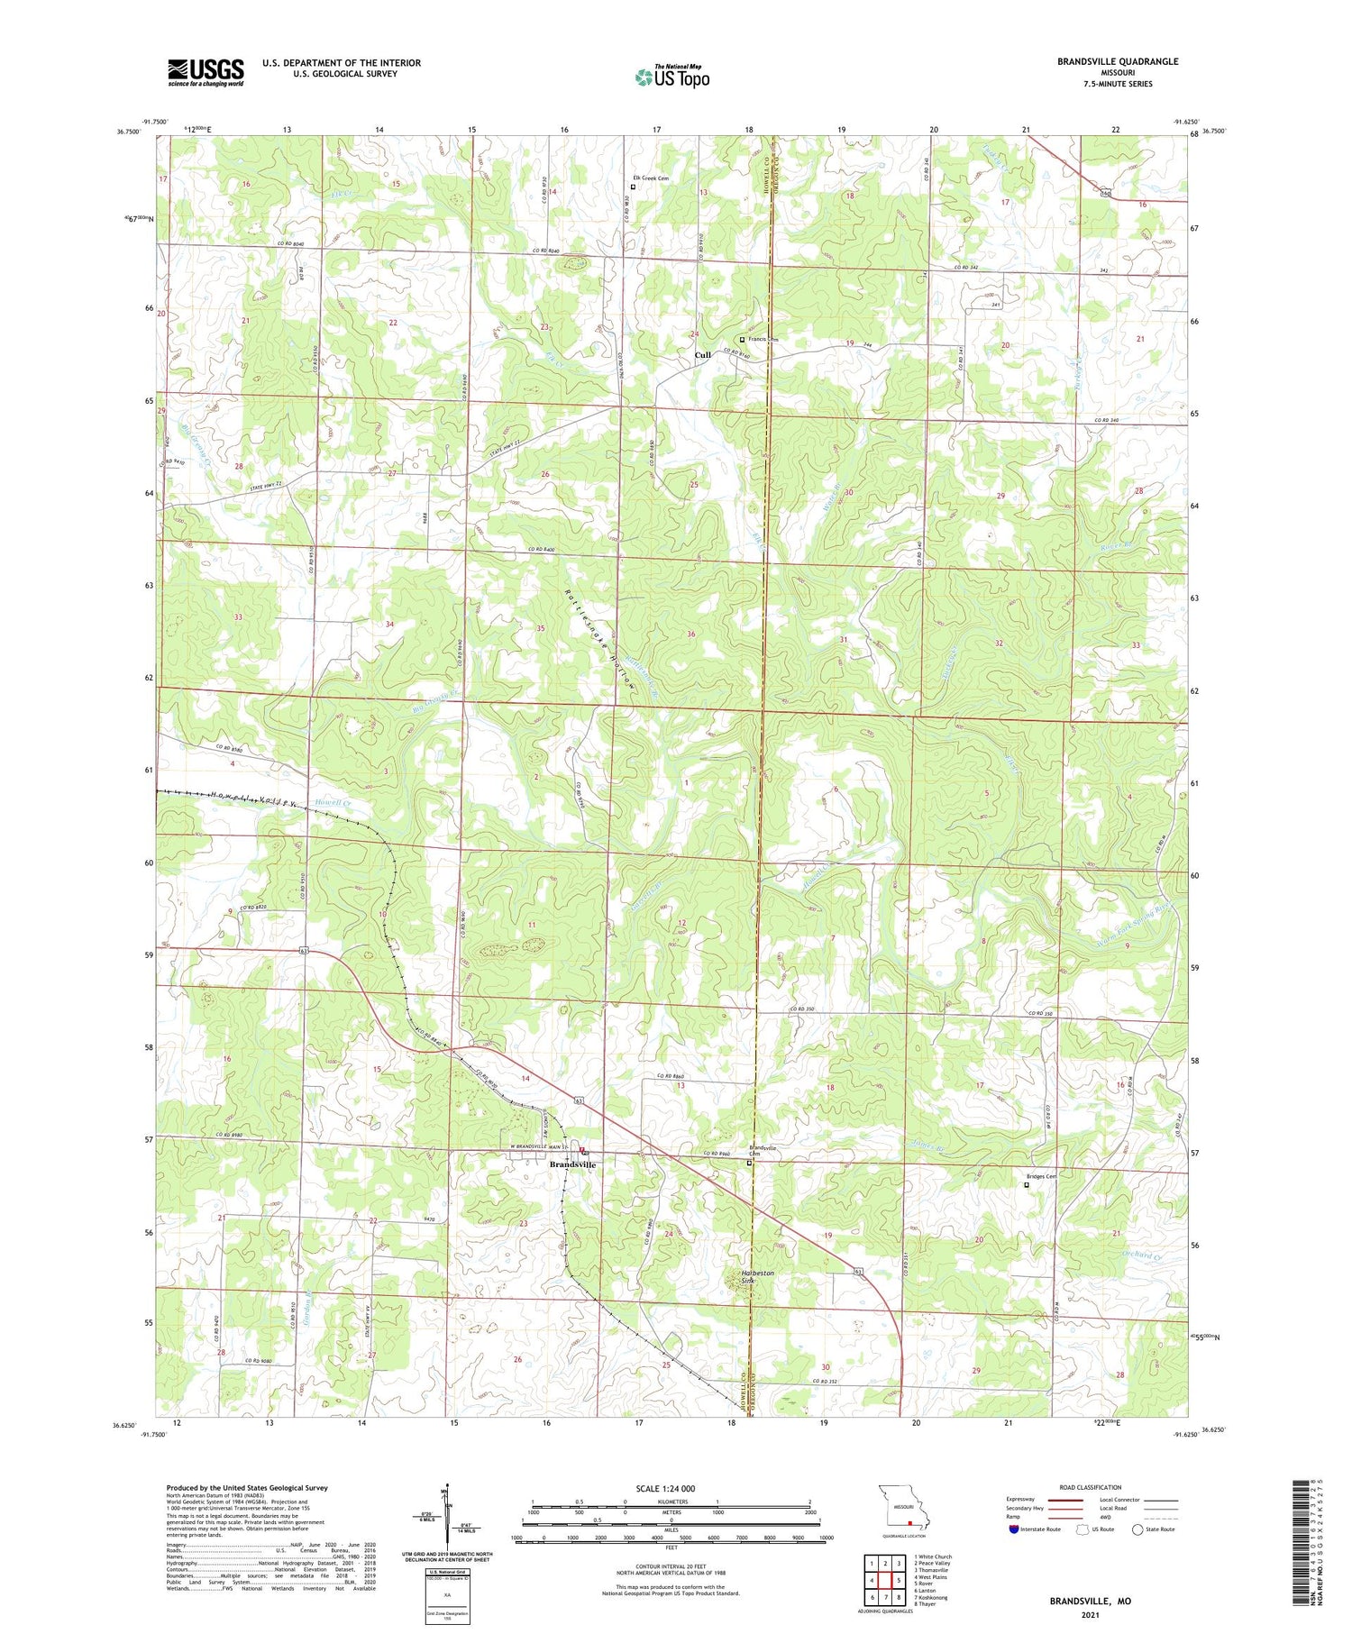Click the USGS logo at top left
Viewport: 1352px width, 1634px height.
tap(206, 72)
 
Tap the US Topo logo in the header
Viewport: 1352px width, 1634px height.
tap(672, 78)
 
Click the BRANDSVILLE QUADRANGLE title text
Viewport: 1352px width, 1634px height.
tap(1118, 61)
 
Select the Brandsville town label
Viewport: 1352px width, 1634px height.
tap(572, 1164)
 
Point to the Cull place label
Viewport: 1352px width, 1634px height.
tap(702, 355)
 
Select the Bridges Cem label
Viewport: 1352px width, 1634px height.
tap(1041, 1176)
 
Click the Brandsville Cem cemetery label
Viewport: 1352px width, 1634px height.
tap(763, 1151)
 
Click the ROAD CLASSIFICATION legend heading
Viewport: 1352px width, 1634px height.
tap(1091, 1487)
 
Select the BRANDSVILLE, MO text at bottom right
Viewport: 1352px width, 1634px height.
tap(1089, 1602)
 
